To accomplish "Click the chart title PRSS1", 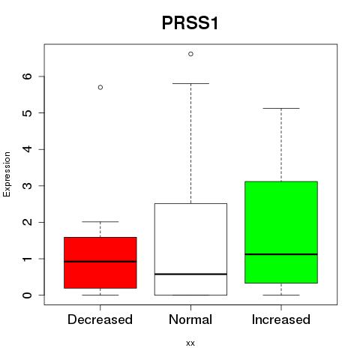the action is [x=190, y=23].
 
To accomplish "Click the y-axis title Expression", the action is [x=7, y=174].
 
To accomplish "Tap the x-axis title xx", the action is [x=190, y=343].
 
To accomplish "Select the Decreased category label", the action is [x=100, y=319].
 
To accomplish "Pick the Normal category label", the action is [x=190, y=319].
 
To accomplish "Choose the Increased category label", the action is [x=281, y=319].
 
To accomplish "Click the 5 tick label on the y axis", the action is [x=28, y=112].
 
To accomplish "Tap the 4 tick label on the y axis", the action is [x=28, y=149].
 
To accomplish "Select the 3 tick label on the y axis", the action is [x=28, y=186].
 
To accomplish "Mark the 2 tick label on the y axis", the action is [x=28, y=222].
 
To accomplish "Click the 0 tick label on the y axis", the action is [x=28, y=295].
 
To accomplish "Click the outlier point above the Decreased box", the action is [x=100, y=87].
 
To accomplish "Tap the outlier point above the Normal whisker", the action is [x=190, y=54].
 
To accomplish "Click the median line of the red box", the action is [x=100, y=262].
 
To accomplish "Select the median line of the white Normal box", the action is [x=190, y=274].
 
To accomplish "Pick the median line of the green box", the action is [x=281, y=254].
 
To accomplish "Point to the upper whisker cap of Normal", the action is [x=190, y=83].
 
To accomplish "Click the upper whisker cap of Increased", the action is [x=281, y=108].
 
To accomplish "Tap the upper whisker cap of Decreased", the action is [x=100, y=221].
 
